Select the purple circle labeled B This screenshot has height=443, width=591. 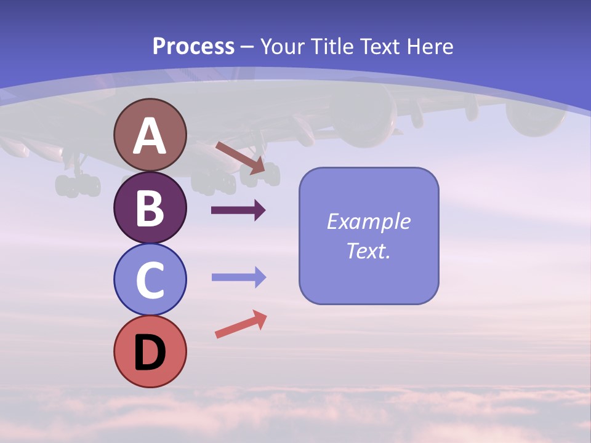[x=150, y=207]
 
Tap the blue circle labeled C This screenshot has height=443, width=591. [x=150, y=279]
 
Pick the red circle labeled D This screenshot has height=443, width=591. [x=150, y=351]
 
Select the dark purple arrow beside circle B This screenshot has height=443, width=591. [x=238, y=210]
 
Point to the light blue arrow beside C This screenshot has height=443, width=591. [x=238, y=277]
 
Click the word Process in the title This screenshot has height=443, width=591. [x=193, y=46]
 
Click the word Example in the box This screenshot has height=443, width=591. [x=368, y=221]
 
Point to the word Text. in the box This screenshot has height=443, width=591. [x=368, y=250]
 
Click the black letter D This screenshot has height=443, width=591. [x=150, y=353]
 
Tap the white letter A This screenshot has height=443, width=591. [x=150, y=136]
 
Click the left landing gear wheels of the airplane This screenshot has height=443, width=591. [x=78, y=185]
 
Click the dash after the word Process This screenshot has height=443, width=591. [x=247, y=47]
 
